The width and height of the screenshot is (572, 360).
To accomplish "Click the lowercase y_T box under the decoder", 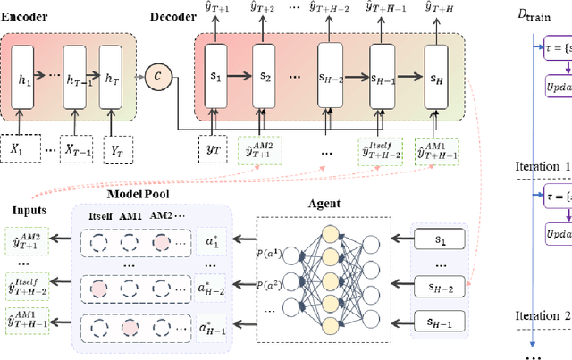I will [213, 149].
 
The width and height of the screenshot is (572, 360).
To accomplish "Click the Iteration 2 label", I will [542, 315].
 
